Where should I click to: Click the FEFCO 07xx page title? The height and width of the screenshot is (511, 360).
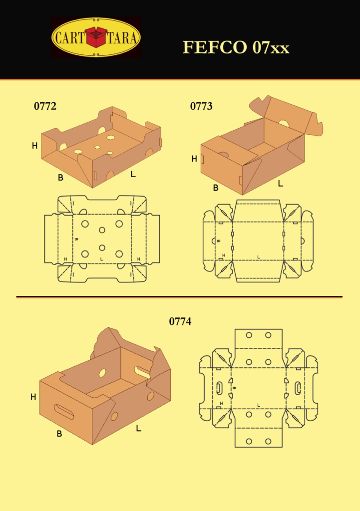coord(236,47)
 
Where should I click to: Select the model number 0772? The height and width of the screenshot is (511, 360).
coord(45,106)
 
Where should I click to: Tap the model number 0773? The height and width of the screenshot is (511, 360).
coord(201,106)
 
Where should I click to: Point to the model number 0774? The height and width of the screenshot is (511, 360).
coord(180,322)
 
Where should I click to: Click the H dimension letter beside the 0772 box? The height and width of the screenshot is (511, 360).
coord(34,146)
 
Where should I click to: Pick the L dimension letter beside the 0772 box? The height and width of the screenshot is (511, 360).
coord(133,174)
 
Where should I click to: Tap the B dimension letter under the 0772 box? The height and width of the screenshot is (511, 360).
coord(60,178)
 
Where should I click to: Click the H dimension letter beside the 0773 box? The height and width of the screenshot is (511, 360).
coord(194,159)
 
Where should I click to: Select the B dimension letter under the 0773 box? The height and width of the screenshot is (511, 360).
coord(216,188)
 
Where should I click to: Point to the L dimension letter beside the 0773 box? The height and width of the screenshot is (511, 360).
coord(281,184)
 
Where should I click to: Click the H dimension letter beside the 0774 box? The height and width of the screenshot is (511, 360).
coord(33,397)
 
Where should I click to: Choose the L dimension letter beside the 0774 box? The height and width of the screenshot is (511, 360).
coord(139,428)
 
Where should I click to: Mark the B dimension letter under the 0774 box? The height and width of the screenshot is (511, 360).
coord(59,434)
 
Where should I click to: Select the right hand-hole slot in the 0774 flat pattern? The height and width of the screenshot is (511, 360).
coord(298,388)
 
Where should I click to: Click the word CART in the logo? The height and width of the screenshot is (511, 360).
coord(69,38)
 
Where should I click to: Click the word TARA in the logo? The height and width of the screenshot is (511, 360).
coord(122,38)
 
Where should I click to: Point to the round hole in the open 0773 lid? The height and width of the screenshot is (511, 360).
coord(284,124)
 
